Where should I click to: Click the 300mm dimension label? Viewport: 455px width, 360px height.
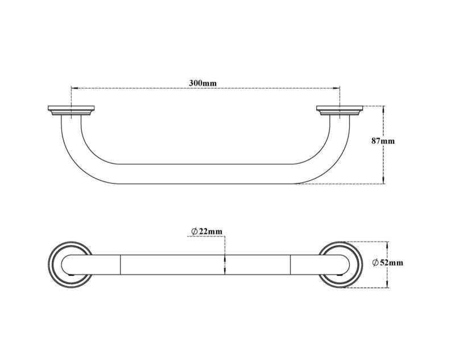tap(202, 83)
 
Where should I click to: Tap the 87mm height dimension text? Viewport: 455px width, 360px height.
tap(383, 140)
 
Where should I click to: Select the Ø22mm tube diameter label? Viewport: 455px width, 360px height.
tap(206, 231)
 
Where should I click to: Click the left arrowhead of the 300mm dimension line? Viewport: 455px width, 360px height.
tap(73, 89)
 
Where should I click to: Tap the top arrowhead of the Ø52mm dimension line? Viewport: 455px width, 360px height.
tap(387, 244)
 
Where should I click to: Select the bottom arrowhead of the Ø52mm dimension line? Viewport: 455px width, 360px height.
tap(387, 285)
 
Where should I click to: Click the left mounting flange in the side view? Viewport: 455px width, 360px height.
tap(71, 111)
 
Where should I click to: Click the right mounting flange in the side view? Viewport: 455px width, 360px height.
tap(340, 111)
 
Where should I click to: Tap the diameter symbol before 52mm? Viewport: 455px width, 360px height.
tap(375, 262)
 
